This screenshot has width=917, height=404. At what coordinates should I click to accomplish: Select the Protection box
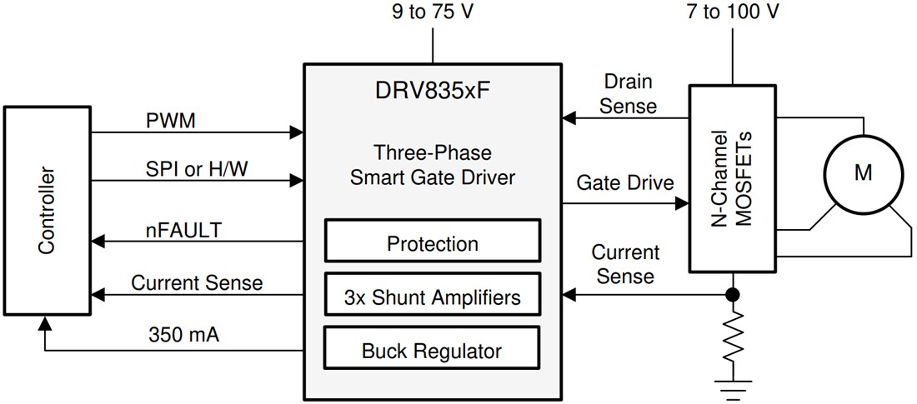[x=432, y=244]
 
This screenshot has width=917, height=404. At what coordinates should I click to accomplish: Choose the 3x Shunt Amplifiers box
[x=432, y=297]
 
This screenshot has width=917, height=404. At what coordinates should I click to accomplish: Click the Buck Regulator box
[x=432, y=351]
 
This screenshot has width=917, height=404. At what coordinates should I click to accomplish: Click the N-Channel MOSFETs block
[x=732, y=178]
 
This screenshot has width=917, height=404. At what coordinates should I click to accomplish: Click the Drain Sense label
[x=628, y=94]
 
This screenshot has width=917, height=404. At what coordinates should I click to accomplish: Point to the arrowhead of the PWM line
[x=296, y=132]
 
